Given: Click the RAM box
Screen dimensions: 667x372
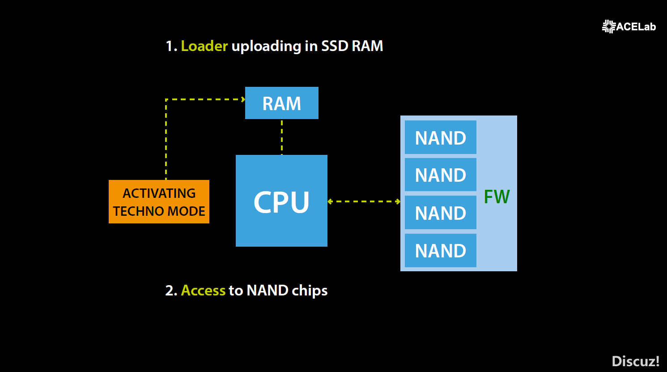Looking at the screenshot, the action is point(282,103).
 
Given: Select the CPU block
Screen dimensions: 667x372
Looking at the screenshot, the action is point(281,201).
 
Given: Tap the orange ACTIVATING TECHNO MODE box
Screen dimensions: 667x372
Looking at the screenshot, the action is point(159,201).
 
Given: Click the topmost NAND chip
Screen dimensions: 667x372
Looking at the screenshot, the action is point(440,137).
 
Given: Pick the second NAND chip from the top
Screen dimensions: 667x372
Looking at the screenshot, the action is point(440,175).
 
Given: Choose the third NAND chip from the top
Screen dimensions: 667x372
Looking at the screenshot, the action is point(440,213).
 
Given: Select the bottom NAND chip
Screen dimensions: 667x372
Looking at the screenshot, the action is point(440,250).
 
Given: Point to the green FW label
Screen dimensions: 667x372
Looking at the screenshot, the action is point(497,197).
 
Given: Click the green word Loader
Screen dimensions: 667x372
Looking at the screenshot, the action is point(204,46).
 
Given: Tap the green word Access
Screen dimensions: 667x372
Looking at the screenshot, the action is point(203,291).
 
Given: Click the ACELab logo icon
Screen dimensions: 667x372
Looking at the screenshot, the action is point(609,26).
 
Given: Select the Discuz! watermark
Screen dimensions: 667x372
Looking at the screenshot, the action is point(635,361).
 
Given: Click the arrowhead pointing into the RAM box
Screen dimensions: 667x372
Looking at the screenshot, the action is point(243,99).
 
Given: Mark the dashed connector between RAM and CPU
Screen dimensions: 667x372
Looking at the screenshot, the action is point(282,137).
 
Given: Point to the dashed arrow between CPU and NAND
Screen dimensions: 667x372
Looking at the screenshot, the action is point(364,201).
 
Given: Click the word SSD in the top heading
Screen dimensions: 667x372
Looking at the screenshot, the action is point(335,46).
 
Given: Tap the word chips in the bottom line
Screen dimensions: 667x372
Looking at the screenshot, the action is point(310,291).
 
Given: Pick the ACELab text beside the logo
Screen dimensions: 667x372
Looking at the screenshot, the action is point(636,27).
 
